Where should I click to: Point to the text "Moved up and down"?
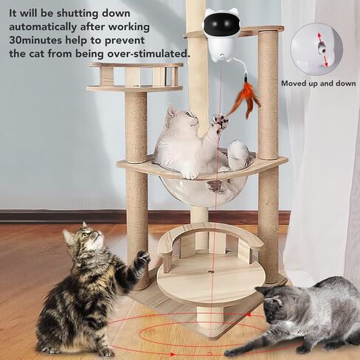click(317, 83)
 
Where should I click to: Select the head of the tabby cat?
click(83, 240)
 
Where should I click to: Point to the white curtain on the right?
click(325, 184)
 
